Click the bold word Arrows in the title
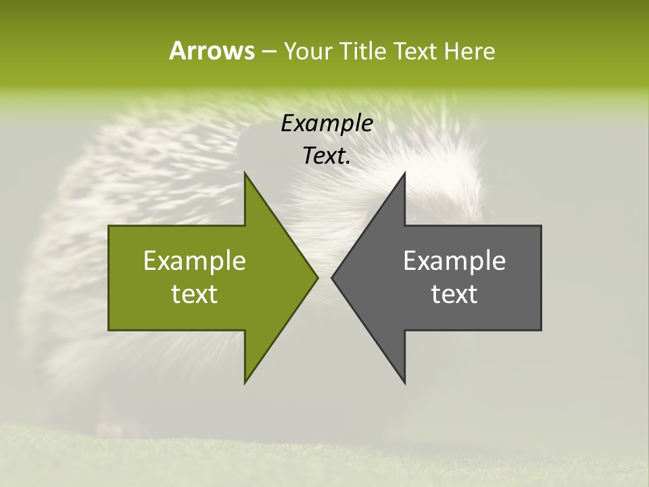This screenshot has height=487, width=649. (x=211, y=51)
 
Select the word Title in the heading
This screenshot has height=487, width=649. (x=363, y=51)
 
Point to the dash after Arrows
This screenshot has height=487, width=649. (x=268, y=52)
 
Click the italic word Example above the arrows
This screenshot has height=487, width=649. (x=327, y=124)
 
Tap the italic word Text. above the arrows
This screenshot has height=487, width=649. (x=327, y=156)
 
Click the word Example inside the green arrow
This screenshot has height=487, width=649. (x=195, y=261)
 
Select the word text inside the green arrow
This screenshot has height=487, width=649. (x=195, y=294)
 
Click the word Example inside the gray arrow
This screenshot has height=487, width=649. (x=454, y=261)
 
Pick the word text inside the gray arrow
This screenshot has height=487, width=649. (x=454, y=294)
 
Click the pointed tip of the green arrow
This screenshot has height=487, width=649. (x=318, y=277)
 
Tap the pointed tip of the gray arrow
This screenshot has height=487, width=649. (x=332, y=277)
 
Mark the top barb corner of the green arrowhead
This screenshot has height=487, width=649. (x=245, y=173)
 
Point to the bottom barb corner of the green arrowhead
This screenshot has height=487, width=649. (x=245, y=383)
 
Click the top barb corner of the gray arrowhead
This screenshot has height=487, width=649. (x=404, y=173)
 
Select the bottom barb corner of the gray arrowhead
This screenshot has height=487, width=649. (x=404, y=383)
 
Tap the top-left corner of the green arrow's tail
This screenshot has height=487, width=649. (x=110, y=226)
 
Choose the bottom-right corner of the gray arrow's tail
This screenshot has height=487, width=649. (x=541, y=330)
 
